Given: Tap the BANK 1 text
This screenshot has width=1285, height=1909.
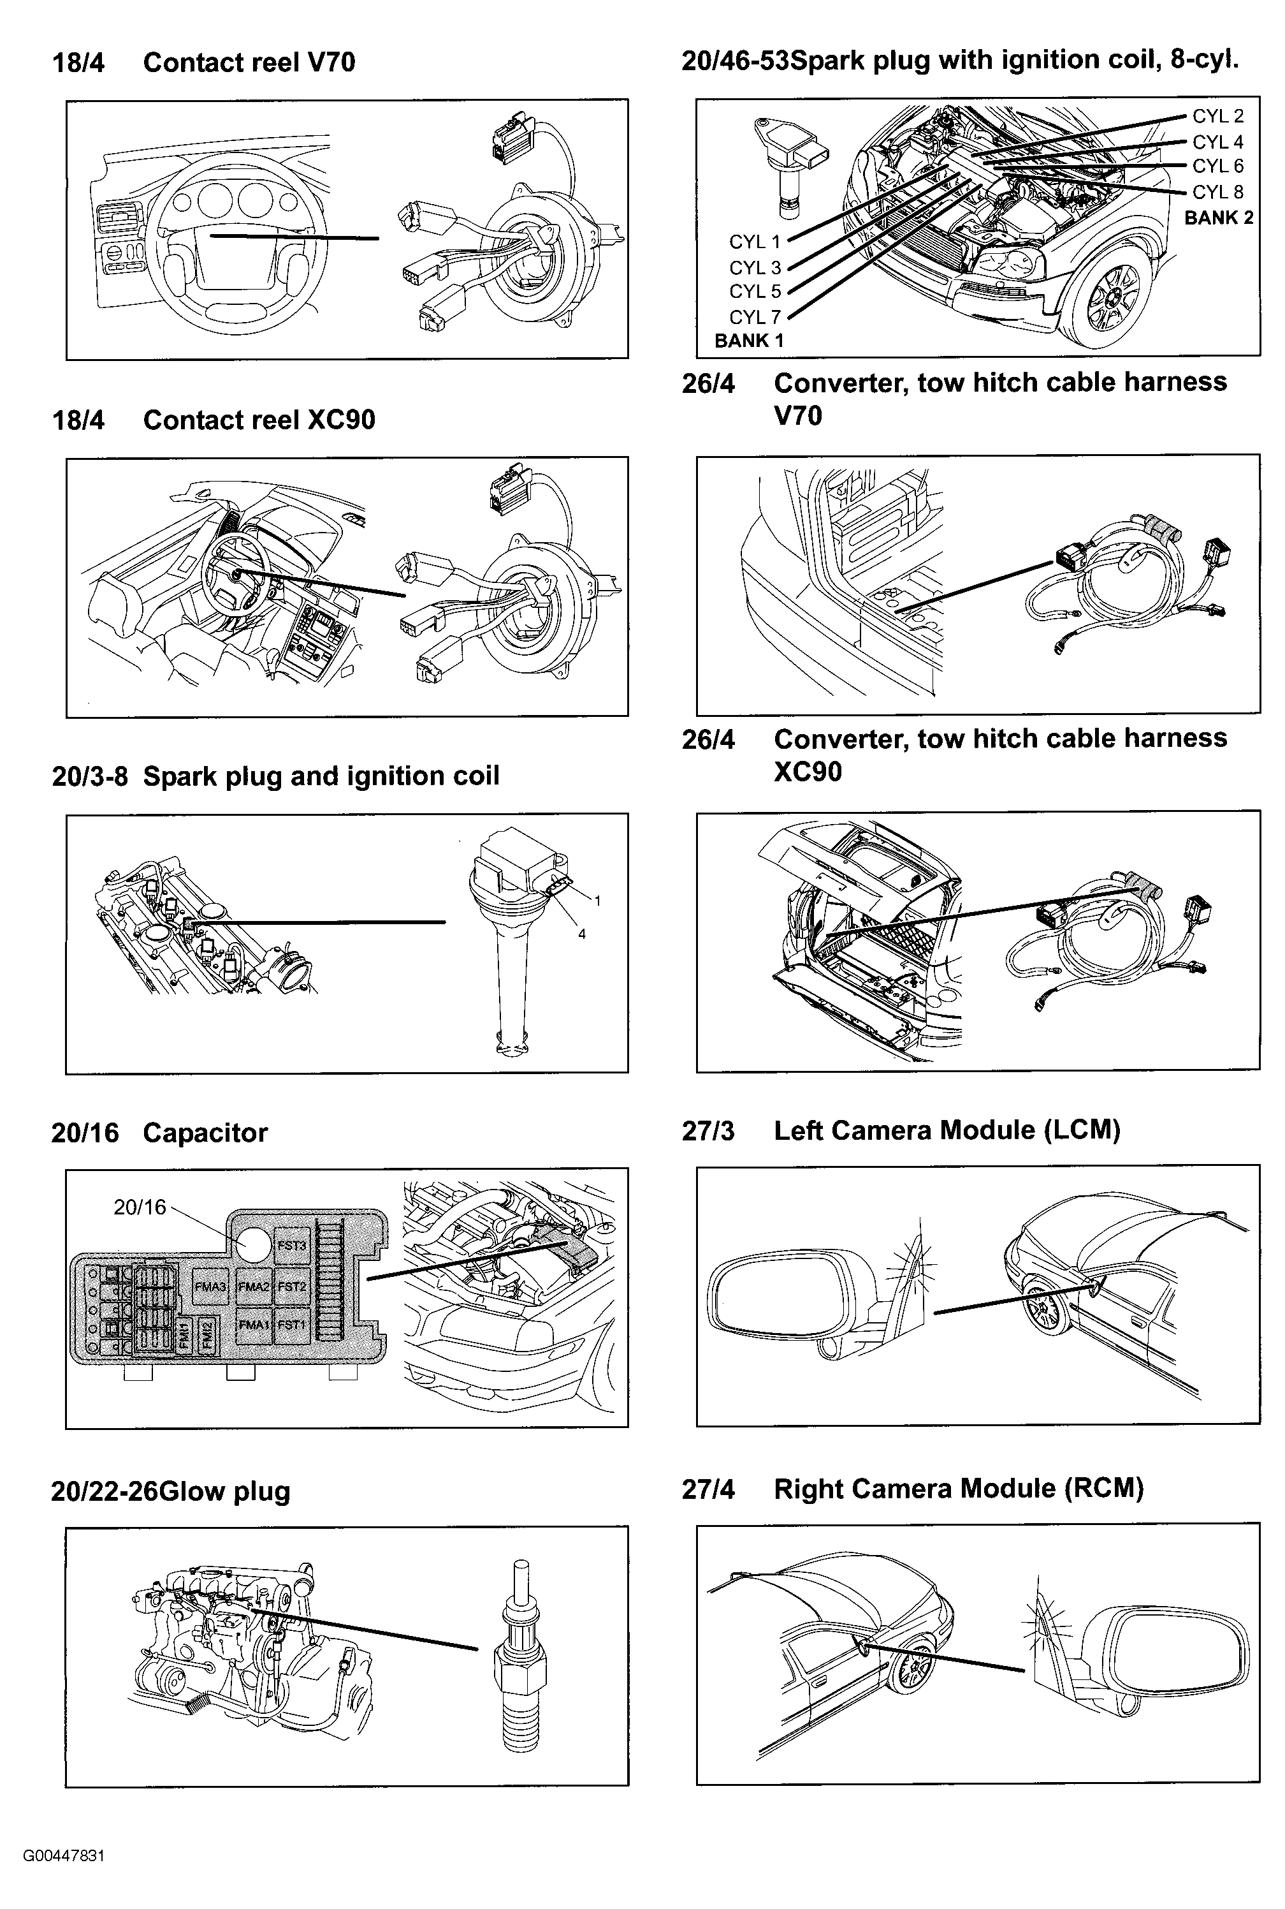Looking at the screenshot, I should pyautogui.click(x=748, y=341).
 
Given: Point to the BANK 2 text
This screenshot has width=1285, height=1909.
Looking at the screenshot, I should pyautogui.click(x=1218, y=218).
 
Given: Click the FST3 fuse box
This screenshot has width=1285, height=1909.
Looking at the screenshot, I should pyautogui.click(x=291, y=1246).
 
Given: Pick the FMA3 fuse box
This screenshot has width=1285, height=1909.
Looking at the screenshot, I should pyautogui.click(x=210, y=1286).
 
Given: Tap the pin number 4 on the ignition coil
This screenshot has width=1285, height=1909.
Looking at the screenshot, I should pyautogui.click(x=581, y=934).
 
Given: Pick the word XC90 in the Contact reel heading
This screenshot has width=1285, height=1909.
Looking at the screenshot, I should pyautogui.click(x=340, y=420).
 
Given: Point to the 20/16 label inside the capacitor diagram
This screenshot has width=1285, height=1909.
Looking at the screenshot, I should pyautogui.click(x=140, y=1207).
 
